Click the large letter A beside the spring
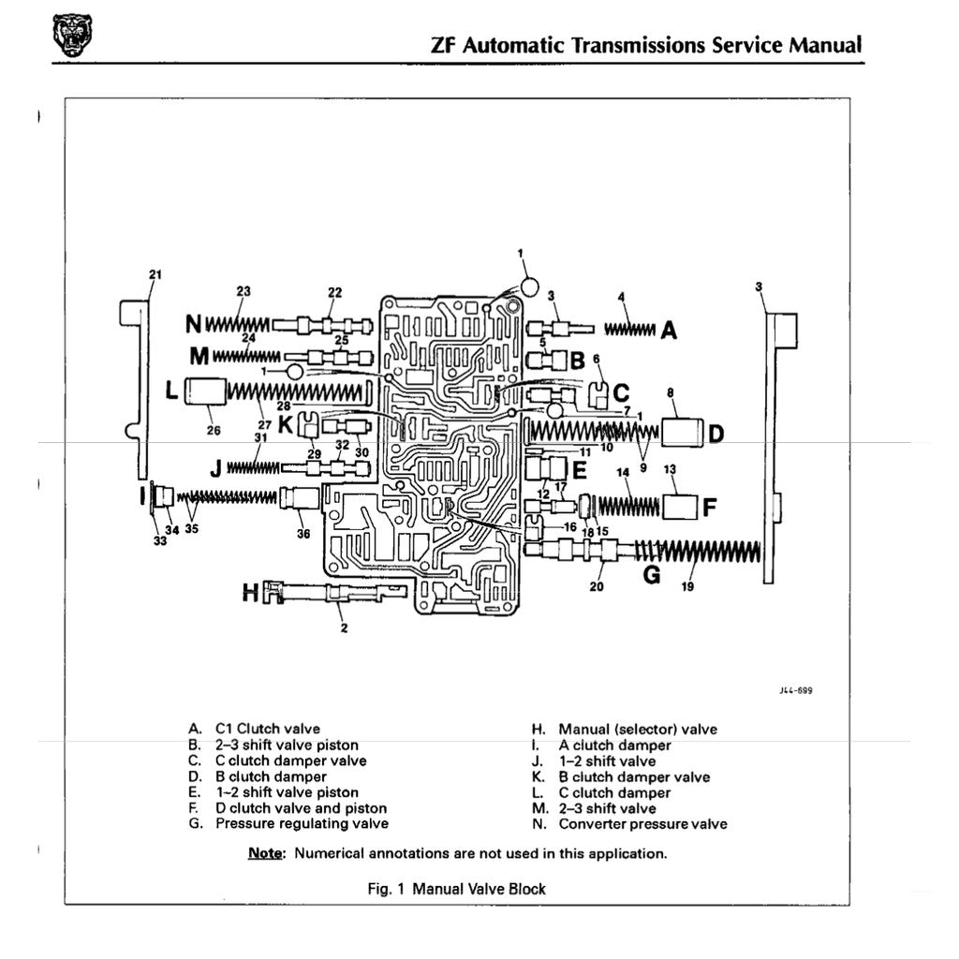(x=669, y=330)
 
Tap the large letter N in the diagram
(x=194, y=324)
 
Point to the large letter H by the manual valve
(x=250, y=592)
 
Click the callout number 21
(x=155, y=274)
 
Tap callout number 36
(x=302, y=535)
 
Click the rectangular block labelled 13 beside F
(x=681, y=508)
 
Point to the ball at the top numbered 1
(x=528, y=285)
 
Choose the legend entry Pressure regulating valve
(x=302, y=824)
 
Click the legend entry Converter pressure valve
(x=642, y=824)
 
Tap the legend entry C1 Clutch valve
(x=267, y=729)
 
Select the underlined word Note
(x=265, y=853)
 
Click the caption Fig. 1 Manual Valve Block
(x=457, y=889)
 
